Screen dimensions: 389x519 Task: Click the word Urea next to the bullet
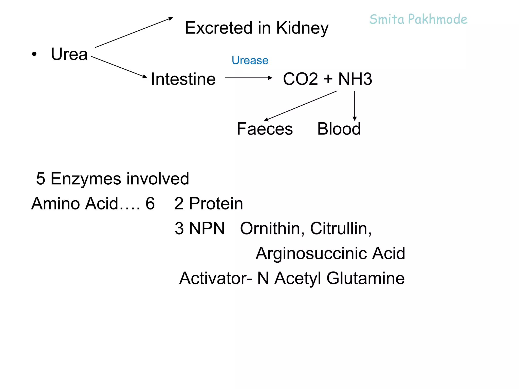pos(69,54)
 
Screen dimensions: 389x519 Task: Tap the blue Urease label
pos(250,60)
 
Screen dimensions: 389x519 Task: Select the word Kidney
pos(302,28)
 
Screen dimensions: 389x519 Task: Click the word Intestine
pos(183,79)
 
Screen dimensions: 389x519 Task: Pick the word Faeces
pos(265,129)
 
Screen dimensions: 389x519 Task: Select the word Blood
pos(339,129)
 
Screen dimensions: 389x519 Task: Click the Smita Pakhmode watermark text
pos(418,20)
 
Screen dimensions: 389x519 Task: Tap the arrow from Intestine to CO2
pos(248,78)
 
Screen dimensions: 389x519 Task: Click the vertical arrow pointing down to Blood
pos(355,105)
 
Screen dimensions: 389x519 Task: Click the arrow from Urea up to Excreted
pos(134,32)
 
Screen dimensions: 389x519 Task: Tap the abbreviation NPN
pos(207,228)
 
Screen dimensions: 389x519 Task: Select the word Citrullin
pos(341,228)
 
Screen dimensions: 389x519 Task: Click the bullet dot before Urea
pos(34,54)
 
